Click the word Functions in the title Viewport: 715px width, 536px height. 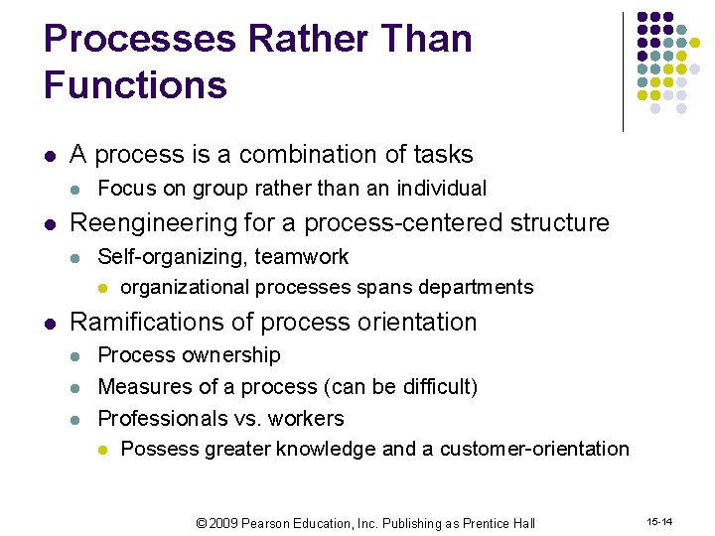pos(135,85)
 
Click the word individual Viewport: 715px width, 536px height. pos(442,189)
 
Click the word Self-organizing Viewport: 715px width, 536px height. pos(173,257)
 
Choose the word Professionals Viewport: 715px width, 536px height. pos(160,419)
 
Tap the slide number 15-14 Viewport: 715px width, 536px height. pos(660,520)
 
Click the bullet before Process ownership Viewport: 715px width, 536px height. pos(78,356)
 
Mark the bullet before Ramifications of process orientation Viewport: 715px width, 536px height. pos(51,324)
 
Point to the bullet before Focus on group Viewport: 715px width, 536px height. pos(78,190)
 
